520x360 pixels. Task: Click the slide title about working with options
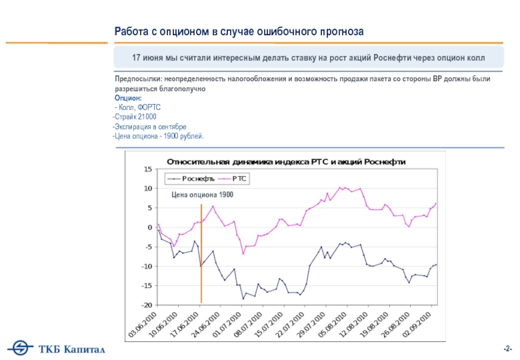239,31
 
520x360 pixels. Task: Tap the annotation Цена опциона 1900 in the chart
203,195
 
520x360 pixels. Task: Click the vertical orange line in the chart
201,253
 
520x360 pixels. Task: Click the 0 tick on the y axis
149,227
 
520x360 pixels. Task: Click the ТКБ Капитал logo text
75,350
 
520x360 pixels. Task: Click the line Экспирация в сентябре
149,126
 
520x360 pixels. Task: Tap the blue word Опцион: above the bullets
127,97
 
